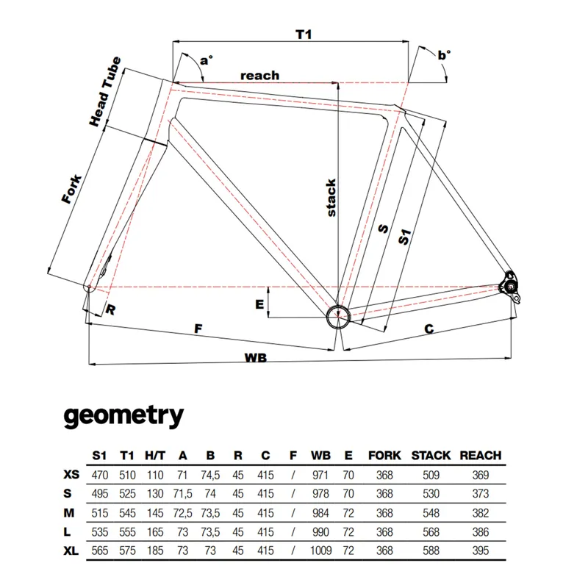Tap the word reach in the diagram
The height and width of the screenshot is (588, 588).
259,75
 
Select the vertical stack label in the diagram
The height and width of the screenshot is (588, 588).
331,197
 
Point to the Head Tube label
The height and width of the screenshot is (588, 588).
105,92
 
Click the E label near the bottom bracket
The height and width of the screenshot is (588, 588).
259,304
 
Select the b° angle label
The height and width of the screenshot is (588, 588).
444,54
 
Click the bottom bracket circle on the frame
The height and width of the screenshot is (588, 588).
337,316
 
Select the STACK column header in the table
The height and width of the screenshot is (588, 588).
431,456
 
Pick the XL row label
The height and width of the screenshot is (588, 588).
72,549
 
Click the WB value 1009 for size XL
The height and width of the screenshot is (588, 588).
320,549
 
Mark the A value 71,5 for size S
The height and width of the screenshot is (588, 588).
182,494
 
